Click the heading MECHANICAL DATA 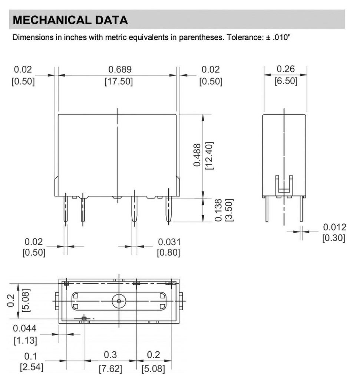pos(70,20)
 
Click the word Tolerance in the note pos(247,37)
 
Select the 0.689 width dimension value pos(120,69)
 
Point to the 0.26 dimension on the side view pos(285,69)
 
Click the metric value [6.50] pos(285,81)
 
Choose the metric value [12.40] pos(209,155)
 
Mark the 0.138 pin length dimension pos(218,210)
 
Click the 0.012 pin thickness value pos(334,227)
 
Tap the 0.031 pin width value pos(169,242)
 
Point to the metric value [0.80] pos(169,253)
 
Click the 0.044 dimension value pos(25,328)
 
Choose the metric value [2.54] pos(31,368)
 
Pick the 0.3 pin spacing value pos(110,355)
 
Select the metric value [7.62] pos(110,369)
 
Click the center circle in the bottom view pos(119,301)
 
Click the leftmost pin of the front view pos(66,210)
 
